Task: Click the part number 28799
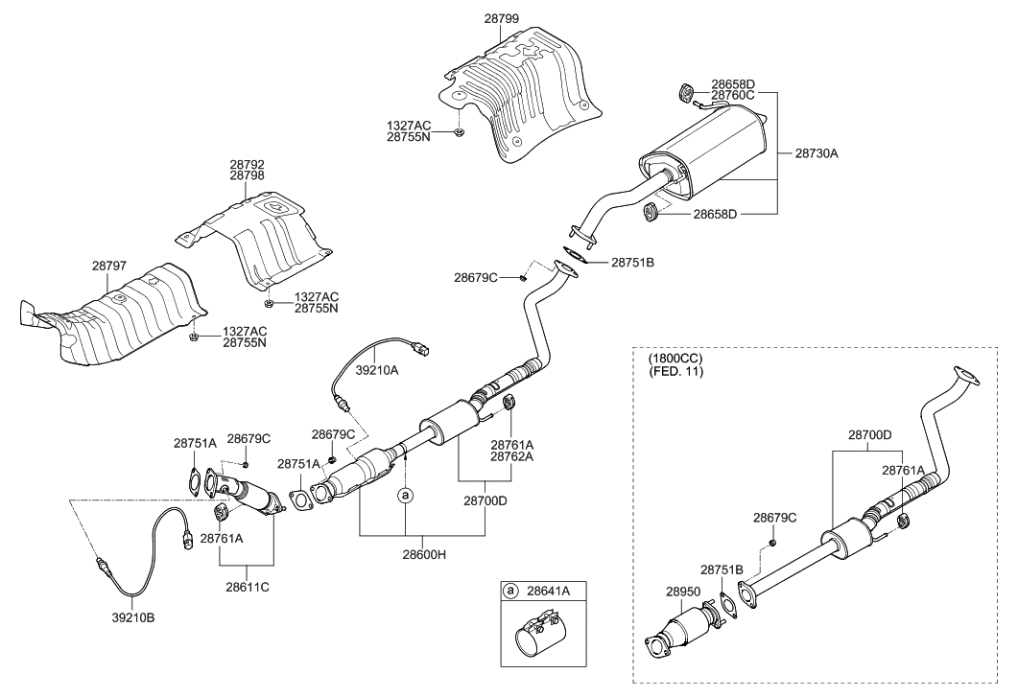click(x=501, y=18)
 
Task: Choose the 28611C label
click(x=247, y=585)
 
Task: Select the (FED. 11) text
click(x=675, y=371)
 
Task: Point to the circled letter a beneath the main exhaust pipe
click(x=406, y=496)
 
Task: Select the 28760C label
click(x=732, y=95)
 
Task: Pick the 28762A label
click(x=512, y=457)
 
